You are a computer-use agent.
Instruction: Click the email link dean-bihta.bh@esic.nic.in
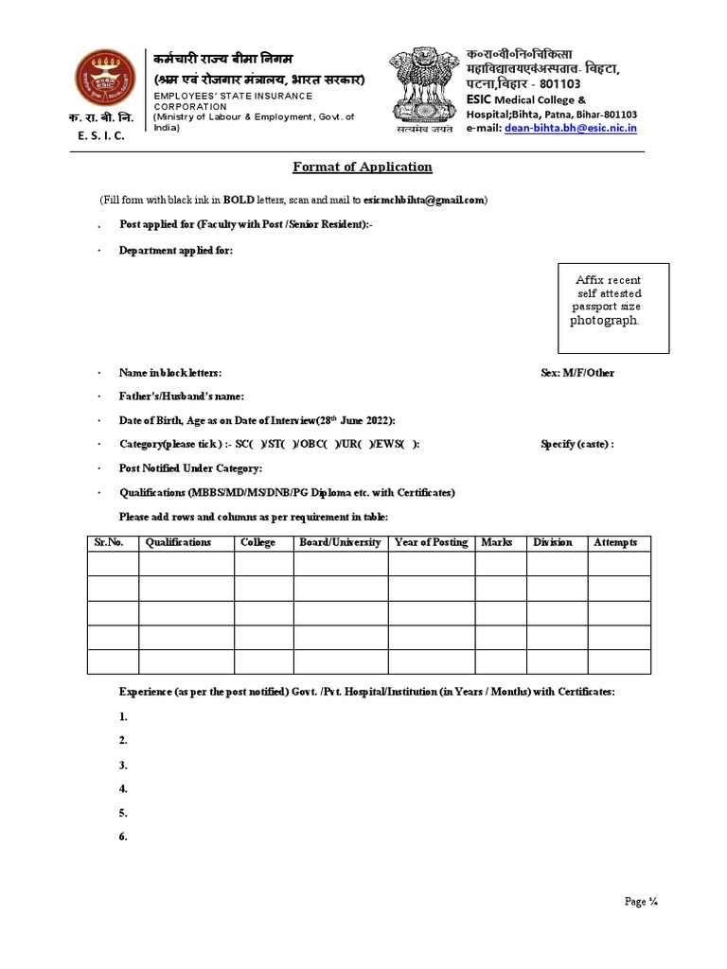point(571,128)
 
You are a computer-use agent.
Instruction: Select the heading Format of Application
point(363,167)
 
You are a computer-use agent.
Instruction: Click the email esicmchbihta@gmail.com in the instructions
point(424,200)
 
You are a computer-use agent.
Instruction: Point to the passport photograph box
point(613,308)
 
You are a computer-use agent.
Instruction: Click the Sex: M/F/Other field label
point(577,373)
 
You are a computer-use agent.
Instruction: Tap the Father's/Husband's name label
point(181,396)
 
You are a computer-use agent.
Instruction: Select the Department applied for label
point(175,251)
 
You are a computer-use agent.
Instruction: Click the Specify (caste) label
point(576,444)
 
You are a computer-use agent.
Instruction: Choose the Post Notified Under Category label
point(190,468)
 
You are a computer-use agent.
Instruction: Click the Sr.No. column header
point(110,543)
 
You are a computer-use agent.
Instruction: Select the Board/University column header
point(340,543)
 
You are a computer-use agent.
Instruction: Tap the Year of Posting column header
point(431,543)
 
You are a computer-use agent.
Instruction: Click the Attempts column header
point(615,543)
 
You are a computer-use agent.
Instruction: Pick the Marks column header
point(497,543)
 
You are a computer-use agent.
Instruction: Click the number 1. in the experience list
point(123,717)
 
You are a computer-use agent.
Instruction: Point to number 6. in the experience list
point(123,837)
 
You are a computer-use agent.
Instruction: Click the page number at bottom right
point(641,902)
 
